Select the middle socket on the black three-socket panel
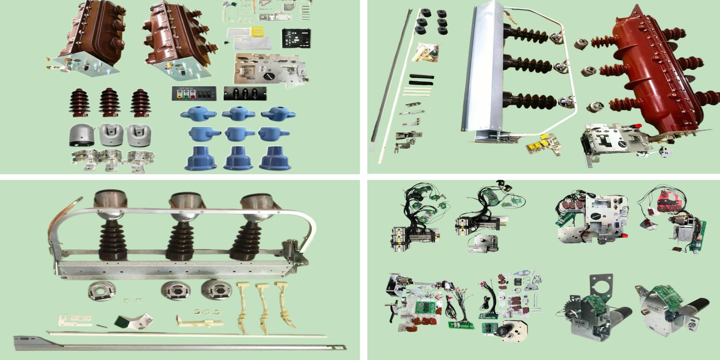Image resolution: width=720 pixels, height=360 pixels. click(x=245, y=94)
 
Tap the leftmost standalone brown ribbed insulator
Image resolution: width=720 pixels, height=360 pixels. click(x=79, y=103)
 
